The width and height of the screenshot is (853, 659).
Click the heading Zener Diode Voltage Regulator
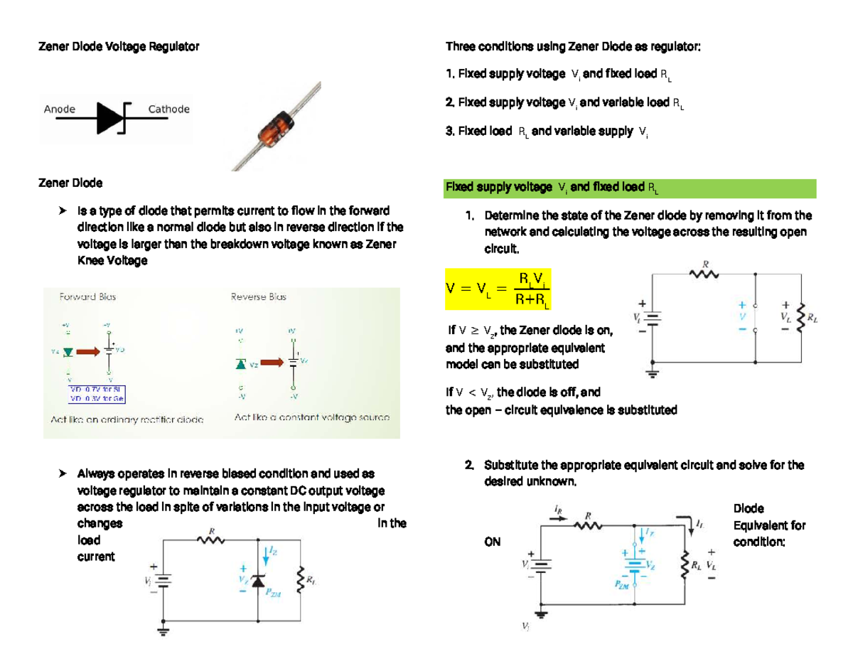point(118,47)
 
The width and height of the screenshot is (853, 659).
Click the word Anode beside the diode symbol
point(60,109)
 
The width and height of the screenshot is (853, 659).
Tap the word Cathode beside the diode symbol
point(168,109)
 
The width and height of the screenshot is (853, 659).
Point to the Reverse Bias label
point(258,297)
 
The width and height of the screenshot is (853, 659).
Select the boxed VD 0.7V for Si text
point(97,389)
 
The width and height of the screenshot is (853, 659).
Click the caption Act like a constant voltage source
point(312,419)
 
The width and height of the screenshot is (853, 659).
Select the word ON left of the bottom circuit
point(491,542)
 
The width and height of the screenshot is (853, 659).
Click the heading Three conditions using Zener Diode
point(573,47)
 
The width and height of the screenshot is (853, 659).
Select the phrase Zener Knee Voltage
point(112,261)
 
